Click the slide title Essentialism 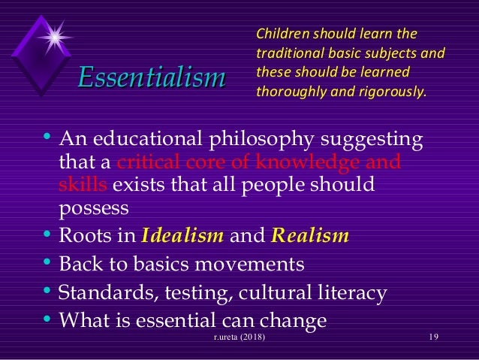(152, 77)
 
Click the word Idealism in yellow (182, 236)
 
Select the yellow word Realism (309, 236)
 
